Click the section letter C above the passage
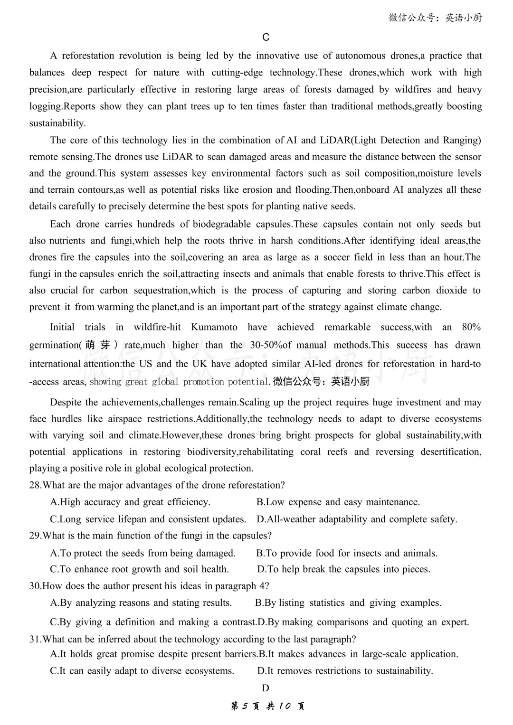266,38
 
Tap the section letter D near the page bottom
266,688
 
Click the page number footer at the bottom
267,706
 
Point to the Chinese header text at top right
435,18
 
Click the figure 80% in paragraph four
471,327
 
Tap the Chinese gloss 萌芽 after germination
98,345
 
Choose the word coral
310,452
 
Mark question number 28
35,485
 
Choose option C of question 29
139,569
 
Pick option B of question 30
348,603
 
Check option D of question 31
345,671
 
